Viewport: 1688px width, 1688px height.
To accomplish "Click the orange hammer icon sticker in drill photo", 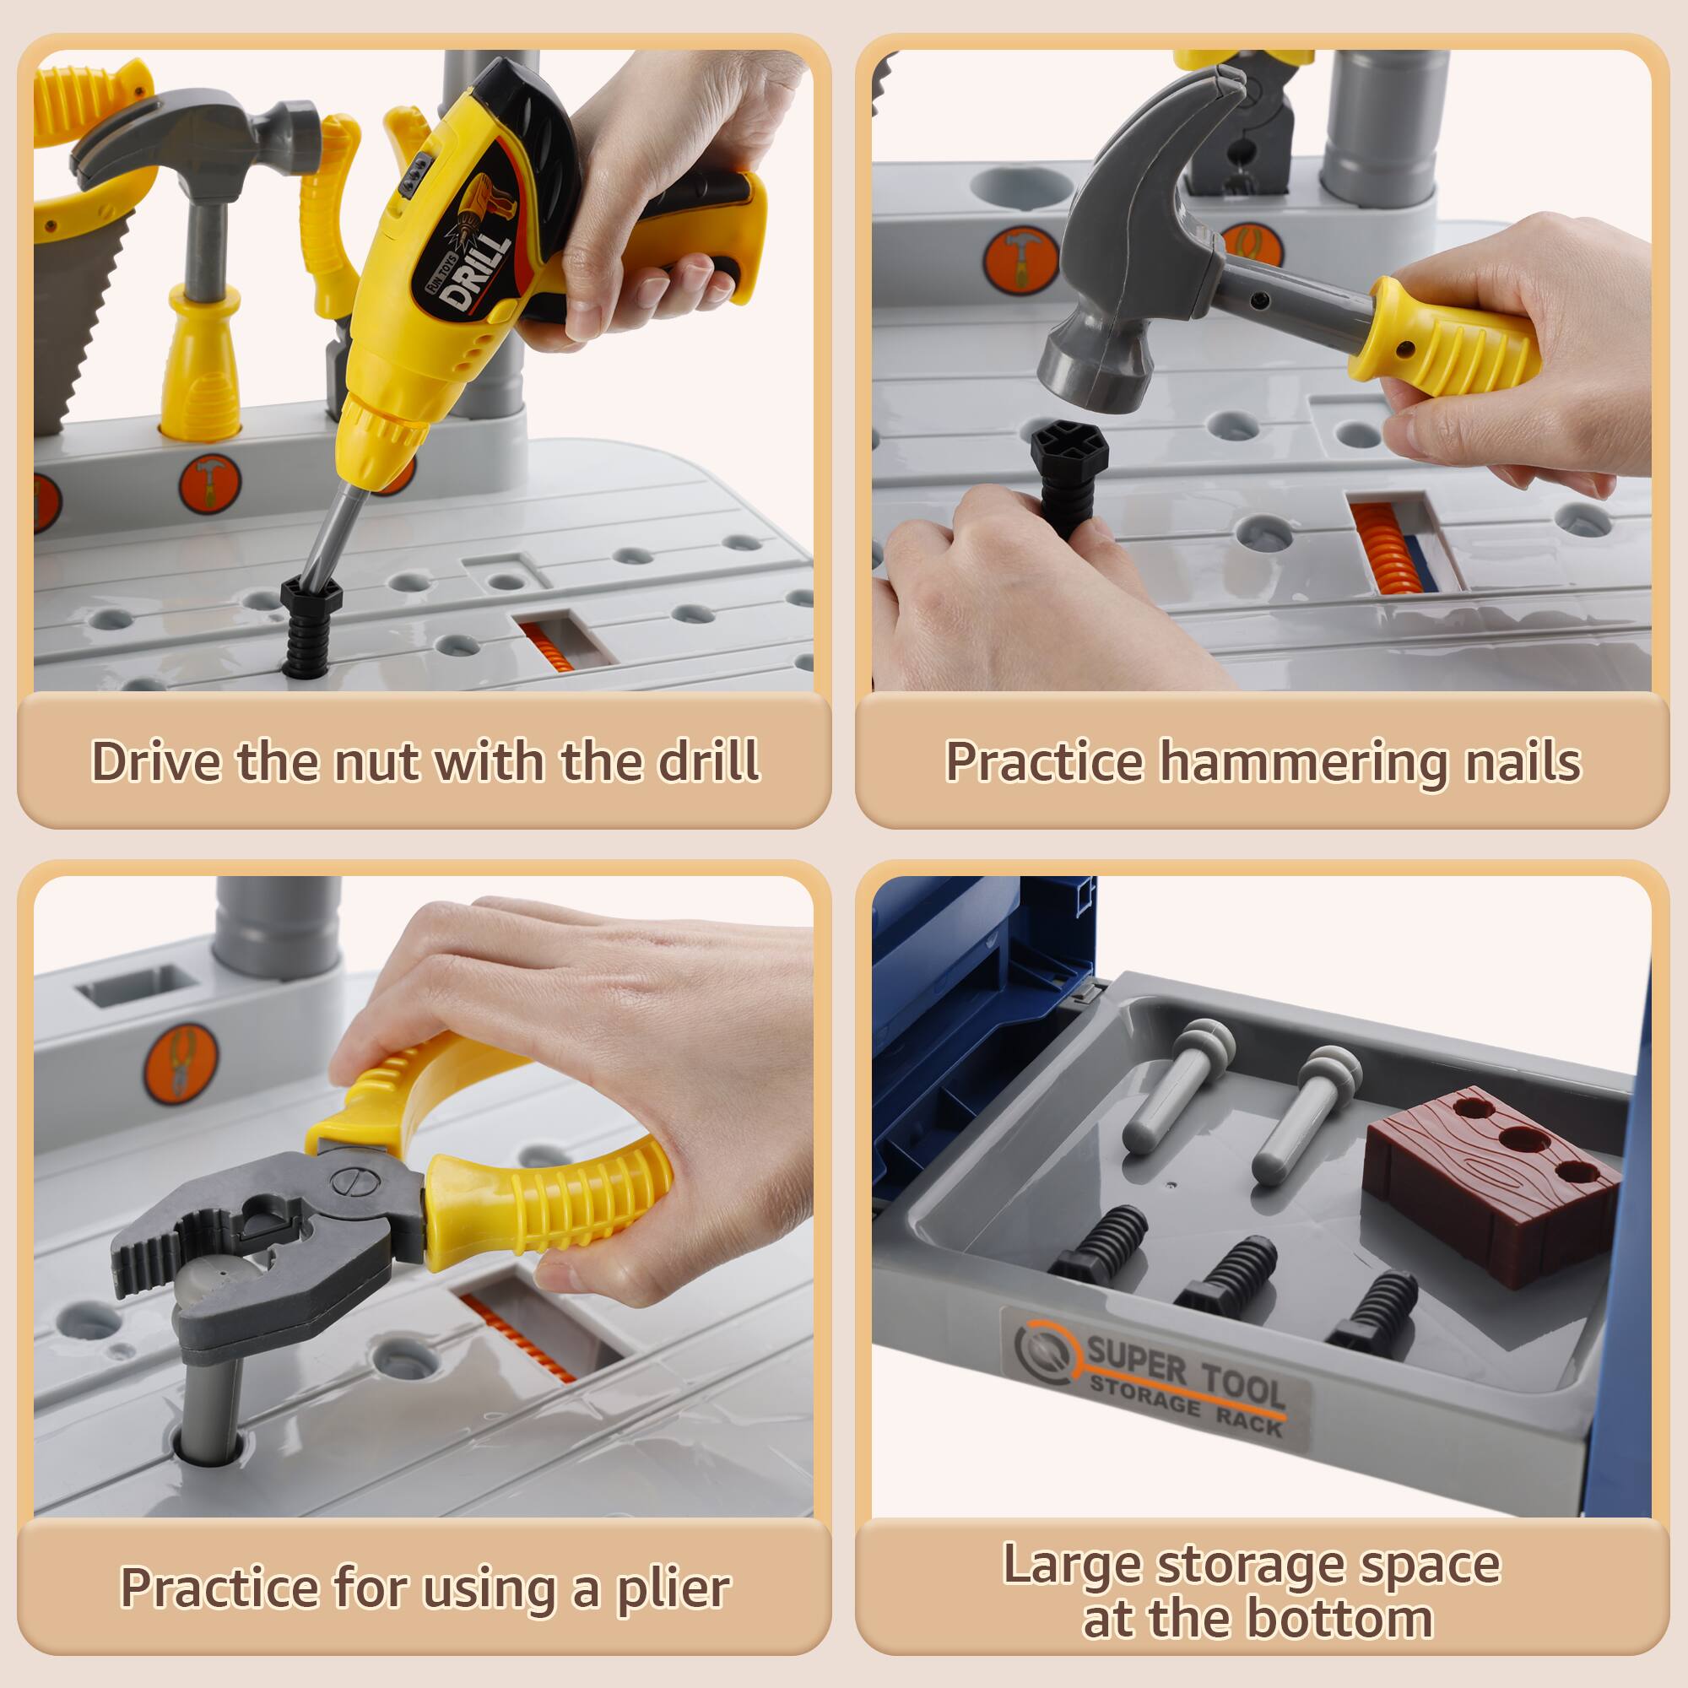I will coord(209,483).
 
